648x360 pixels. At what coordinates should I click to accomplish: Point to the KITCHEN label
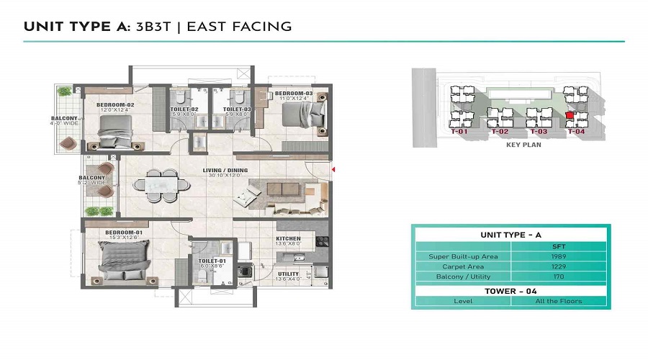287,238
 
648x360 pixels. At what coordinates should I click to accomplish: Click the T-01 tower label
459,132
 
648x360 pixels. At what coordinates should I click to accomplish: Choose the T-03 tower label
539,132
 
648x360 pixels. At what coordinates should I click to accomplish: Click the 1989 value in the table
566,256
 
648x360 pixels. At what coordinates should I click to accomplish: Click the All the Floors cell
566,301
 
